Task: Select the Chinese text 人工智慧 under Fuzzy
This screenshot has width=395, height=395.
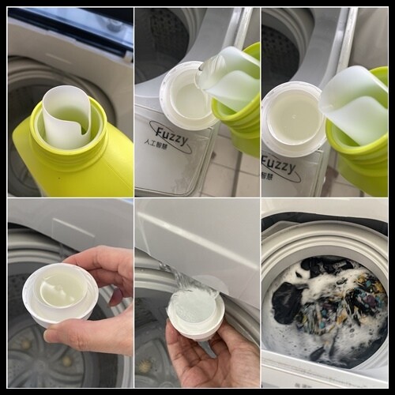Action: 156,145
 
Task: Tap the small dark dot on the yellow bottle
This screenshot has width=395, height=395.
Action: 59,178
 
